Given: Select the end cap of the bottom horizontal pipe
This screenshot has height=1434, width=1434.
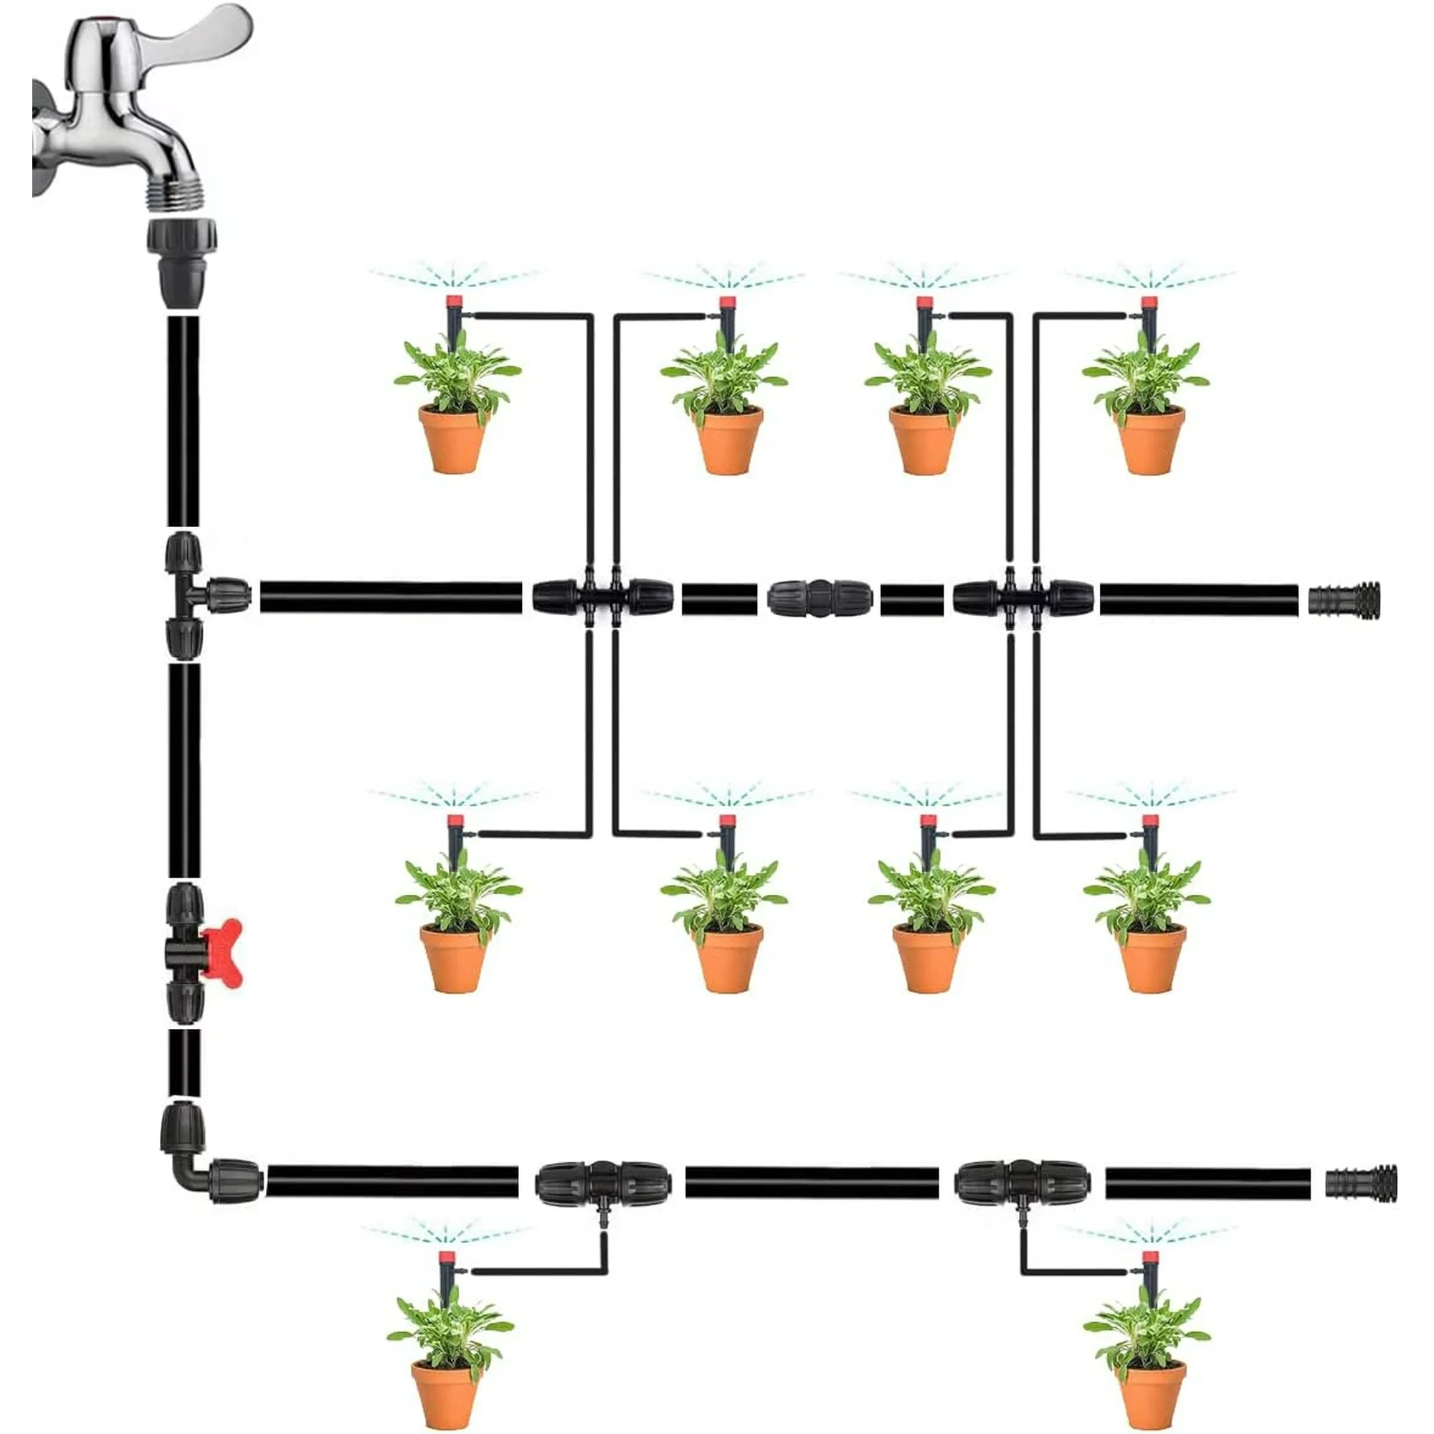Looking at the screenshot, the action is tap(1361, 1184).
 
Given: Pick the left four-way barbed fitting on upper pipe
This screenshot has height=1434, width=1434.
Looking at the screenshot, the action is tap(602, 597).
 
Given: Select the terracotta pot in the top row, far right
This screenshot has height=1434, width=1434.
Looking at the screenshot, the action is tap(1150, 441).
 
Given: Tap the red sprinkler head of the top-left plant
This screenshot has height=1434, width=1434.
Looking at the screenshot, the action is tap(455, 303).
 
